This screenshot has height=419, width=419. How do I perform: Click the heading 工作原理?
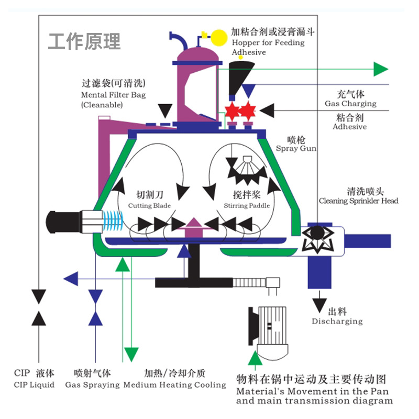point(84,41)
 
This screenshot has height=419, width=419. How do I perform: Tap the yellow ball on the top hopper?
point(219,36)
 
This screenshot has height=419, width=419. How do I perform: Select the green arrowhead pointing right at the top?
point(381,69)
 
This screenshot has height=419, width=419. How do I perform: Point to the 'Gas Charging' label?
point(350,104)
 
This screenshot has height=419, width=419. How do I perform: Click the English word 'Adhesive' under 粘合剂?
point(349,127)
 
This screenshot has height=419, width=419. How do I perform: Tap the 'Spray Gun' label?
point(296,149)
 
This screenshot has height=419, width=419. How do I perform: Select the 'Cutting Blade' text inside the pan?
point(149,206)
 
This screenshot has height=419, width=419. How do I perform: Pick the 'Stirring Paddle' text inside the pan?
point(247,206)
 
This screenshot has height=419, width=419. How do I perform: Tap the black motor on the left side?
point(62,219)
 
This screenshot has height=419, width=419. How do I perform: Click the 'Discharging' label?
point(337,321)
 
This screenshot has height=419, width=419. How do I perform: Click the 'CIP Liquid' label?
point(34,385)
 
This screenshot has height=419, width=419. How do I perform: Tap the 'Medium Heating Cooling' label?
point(174,385)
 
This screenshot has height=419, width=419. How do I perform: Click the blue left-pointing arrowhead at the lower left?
point(71,278)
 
